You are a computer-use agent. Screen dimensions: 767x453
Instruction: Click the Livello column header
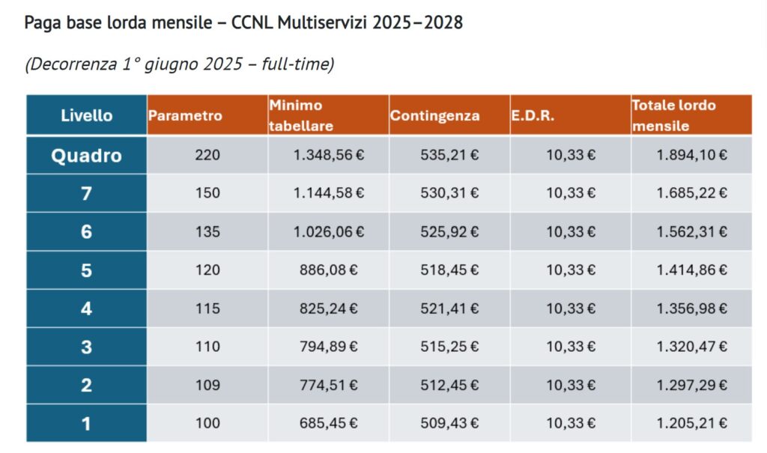click(x=87, y=115)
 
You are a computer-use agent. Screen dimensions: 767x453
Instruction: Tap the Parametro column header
click(x=185, y=115)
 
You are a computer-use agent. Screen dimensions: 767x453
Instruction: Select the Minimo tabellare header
click(x=301, y=115)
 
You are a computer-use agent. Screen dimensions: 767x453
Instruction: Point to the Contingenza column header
click(x=434, y=115)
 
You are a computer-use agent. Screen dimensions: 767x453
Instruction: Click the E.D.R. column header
click(x=533, y=115)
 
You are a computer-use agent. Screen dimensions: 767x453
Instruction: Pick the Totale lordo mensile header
click(x=673, y=115)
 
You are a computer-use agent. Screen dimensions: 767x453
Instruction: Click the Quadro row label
click(x=87, y=156)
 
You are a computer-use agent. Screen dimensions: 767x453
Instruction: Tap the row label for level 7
click(x=87, y=193)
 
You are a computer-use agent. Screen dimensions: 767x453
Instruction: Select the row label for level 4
click(x=87, y=308)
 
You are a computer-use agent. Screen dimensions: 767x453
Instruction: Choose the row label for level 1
click(x=87, y=423)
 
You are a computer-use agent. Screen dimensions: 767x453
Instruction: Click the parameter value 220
click(x=207, y=155)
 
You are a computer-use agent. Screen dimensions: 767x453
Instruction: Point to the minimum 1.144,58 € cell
click(x=329, y=192)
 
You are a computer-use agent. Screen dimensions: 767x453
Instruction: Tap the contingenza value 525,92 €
click(x=449, y=231)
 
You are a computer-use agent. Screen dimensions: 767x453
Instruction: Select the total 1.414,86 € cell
click(x=691, y=270)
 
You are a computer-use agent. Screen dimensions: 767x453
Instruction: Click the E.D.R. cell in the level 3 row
click(x=571, y=347)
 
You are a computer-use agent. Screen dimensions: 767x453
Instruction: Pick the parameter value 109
click(x=207, y=385)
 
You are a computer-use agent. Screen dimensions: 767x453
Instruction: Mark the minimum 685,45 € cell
click(x=329, y=423)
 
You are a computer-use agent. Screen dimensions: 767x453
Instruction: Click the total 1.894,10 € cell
click(x=691, y=155)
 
